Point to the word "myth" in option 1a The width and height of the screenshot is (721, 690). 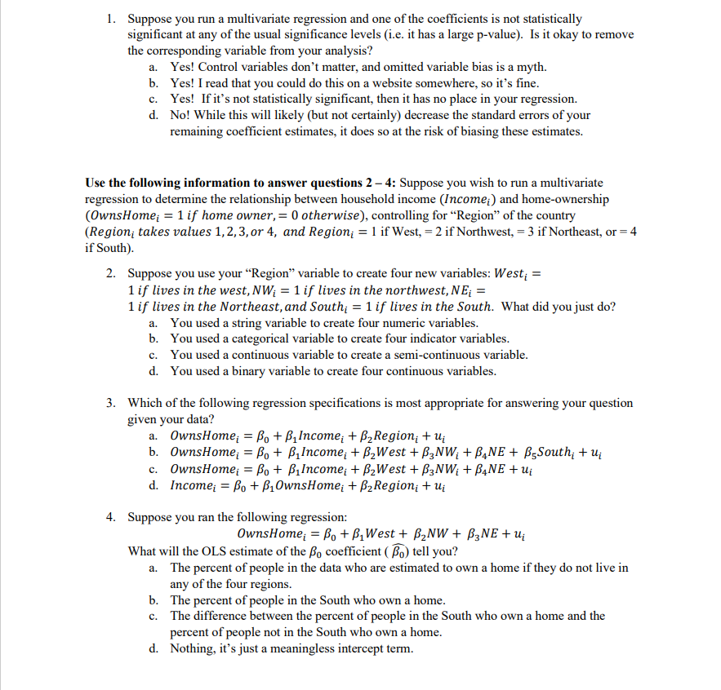coord(531,67)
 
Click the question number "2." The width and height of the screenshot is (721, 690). coord(112,274)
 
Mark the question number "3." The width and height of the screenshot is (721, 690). coord(112,403)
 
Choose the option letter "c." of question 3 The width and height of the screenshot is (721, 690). coord(154,469)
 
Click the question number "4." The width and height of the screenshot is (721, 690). coord(112,517)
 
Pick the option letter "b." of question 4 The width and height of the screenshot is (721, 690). coord(154,599)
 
